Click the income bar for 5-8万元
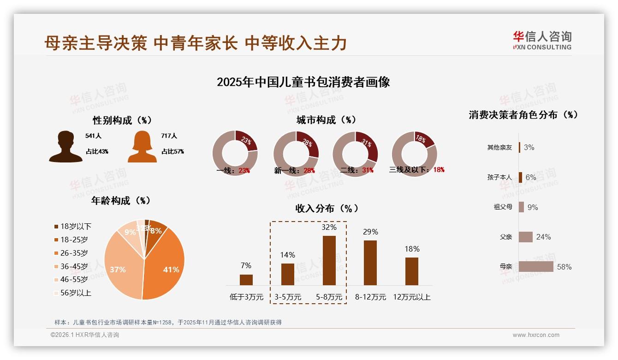(x=329, y=260)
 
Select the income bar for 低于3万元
(x=246, y=280)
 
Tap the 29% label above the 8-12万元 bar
(x=370, y=232)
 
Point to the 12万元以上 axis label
(x=412, y=297)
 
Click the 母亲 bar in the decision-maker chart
(x=535, y=267)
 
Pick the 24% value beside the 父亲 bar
(x=543, y=237)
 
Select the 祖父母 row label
(x=503, y=207)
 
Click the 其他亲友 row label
(x=499, y=148)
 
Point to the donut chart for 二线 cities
(x=355, y=154)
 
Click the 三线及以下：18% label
(x=416, y=169)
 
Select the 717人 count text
(x=169, y=136)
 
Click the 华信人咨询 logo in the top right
(x=542, y=40)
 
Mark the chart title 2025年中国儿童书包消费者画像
(x=303, y=82)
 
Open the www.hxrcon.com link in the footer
(x=536, y=335)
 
